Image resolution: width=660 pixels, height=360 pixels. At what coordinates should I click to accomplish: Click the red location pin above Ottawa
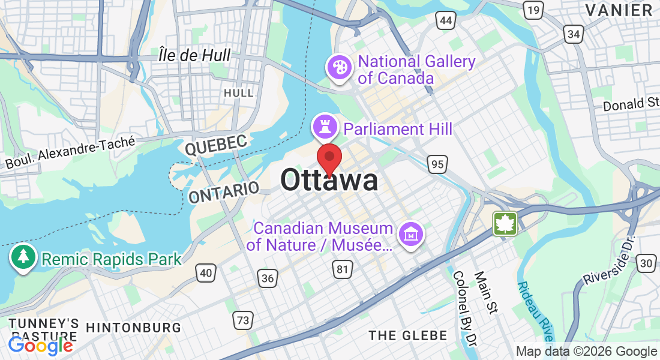[329, 158]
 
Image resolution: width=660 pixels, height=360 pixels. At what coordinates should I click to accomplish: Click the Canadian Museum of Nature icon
[411, 233]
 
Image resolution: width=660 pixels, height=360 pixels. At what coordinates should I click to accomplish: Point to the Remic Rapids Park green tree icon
[23, 256]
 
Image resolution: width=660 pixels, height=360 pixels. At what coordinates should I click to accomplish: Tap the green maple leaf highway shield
[505, 224]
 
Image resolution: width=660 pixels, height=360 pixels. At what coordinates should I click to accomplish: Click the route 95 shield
[438, 163]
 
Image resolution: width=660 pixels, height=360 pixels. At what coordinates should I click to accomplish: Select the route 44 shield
[446, 21]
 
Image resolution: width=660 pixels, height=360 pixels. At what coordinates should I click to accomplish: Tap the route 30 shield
[646, 263]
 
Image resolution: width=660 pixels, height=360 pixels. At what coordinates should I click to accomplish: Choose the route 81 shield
[342, 269]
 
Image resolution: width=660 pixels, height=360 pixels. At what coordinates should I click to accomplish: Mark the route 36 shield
[268, 277]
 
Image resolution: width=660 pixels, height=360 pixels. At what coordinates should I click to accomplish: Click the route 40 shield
[206, 273]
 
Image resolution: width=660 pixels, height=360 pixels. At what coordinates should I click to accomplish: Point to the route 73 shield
[242, 320]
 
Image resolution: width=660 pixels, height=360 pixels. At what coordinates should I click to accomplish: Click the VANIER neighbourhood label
[619, 10]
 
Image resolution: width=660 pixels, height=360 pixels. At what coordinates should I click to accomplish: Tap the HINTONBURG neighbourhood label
[133, 328]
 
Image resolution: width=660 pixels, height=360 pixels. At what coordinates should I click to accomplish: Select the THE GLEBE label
[408, 335]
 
